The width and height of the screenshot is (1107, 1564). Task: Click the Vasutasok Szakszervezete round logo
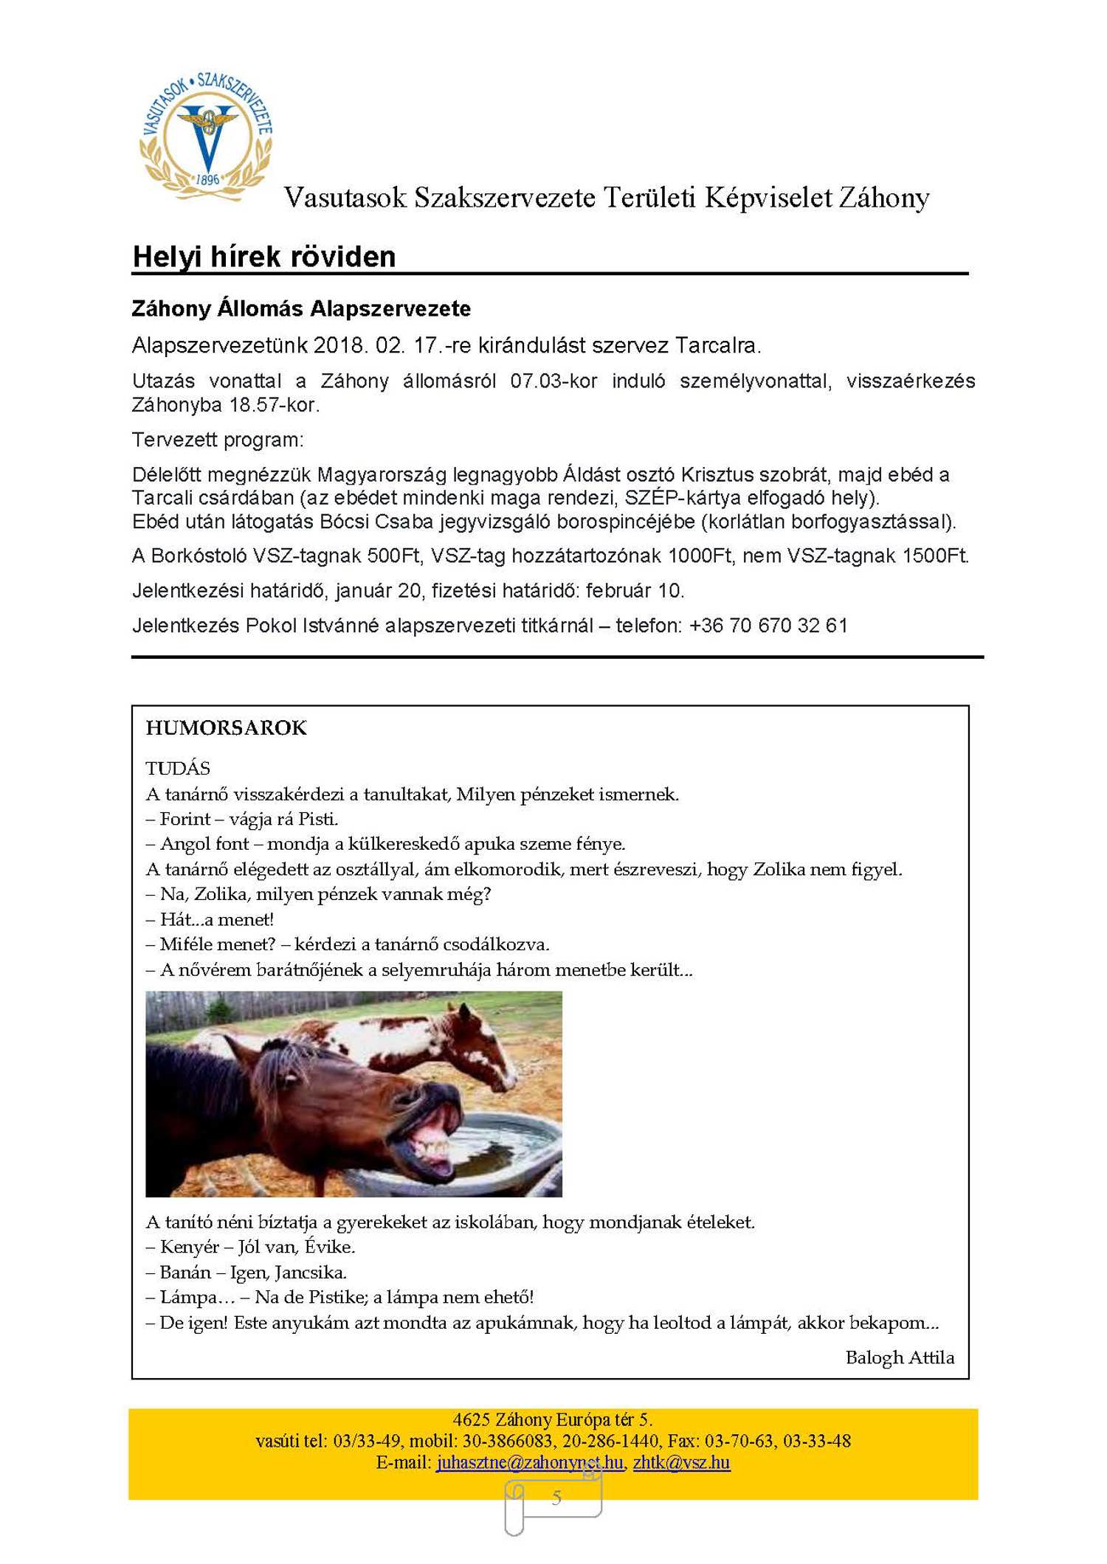pos(207,136)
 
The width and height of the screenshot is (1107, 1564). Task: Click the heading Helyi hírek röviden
pos(263,257)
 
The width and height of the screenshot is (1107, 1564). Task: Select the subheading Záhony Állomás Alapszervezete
pos(301,308)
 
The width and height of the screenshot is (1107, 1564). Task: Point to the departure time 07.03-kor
pos(553,381)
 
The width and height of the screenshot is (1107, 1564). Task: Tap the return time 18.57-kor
pos(274,405)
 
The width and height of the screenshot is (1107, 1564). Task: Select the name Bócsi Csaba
pos(376,522)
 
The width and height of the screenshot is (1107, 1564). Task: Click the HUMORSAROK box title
pos(226,728)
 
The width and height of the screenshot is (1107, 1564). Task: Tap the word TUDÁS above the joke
pos(178,768)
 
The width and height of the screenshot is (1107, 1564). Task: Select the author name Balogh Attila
pos(900,1357)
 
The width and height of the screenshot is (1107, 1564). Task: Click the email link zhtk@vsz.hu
pos(681,1462)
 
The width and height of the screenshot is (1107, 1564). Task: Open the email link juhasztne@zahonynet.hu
pos(529,1462)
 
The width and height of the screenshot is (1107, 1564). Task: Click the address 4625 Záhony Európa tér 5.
pos(552,1419)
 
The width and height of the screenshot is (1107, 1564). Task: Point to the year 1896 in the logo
pos(207,179)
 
